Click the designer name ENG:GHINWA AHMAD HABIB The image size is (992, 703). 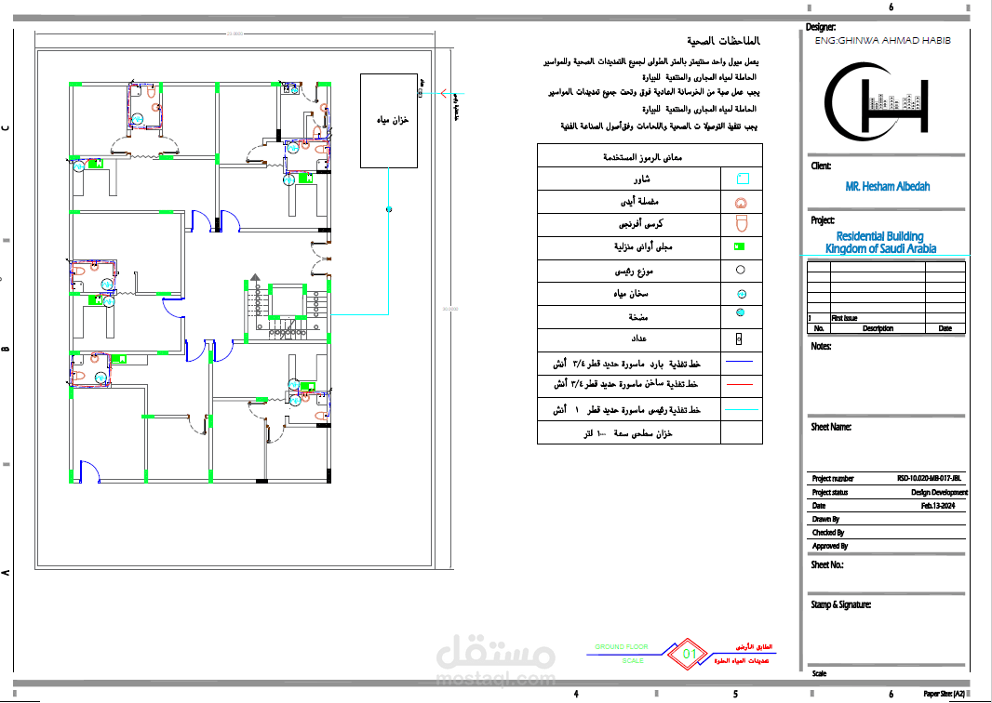[x=882, y=42]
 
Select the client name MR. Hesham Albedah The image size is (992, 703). [x=887, y=187]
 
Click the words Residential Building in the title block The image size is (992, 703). [x=879, y=237]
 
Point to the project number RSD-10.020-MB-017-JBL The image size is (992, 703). [x=932, y=479]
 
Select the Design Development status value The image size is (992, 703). [x=939, y=493]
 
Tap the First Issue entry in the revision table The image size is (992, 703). [x=844, y=318]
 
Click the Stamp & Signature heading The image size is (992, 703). [x=841, y=604]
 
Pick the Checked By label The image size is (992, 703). [x=828, y=533]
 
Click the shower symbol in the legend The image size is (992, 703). [x=742, y=179]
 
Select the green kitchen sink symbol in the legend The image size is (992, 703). [x=741, y=247]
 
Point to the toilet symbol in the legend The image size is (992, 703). [x=742, y=224]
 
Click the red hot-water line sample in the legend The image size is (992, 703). [x=742, y=383]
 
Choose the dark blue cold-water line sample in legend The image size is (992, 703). [x=742, y=361]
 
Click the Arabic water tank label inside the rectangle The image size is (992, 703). [x=401, y=122]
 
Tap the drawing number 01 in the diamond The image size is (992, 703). [x=690, y=654]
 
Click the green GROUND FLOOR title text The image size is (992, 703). [x=622, y=646]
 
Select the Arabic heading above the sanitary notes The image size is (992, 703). [x=724, y=42]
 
